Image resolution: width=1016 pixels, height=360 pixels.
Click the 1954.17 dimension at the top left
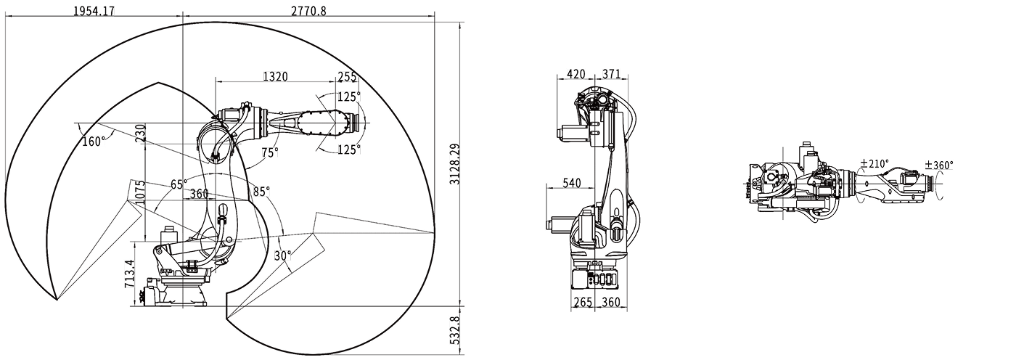(95, 11)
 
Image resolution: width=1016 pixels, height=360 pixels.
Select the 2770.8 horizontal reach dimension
(308, 11)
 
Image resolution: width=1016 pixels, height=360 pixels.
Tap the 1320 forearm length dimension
(275, 76)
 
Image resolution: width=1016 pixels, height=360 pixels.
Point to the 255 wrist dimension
(348, 76)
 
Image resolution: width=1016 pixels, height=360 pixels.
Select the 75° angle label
(270, 152)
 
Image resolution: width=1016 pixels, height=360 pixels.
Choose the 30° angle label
(283, 255)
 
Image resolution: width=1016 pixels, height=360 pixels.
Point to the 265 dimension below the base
(583, 301)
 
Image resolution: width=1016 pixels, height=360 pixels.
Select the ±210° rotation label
(874, 164)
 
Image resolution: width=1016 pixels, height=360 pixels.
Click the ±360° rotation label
(939, 165)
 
